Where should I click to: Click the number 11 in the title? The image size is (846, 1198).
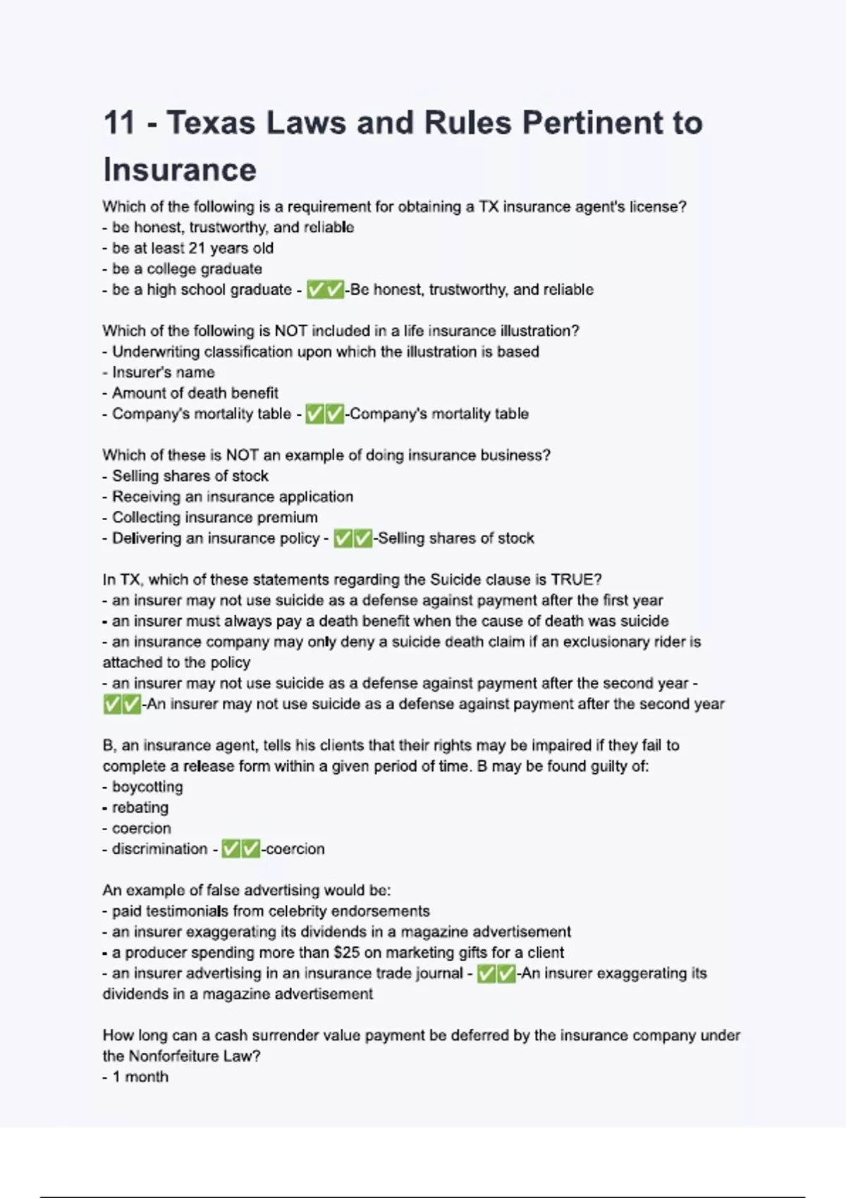tap(119, 123)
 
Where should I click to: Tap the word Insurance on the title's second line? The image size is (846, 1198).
tap(180, 170)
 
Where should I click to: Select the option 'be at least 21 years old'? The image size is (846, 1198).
tap(192, 248)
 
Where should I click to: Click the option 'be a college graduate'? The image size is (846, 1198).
tap(186, 268)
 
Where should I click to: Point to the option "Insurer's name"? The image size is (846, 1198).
tap(163, 372)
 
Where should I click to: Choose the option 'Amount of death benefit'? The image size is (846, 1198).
tap(195, 393)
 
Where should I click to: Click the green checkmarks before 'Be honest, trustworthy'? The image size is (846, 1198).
tap(325, 290)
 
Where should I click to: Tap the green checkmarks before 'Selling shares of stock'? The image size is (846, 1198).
tap(352, 538)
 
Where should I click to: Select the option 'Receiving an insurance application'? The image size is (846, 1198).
tap(232, 497)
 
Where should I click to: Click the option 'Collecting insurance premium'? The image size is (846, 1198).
tap(214, 517)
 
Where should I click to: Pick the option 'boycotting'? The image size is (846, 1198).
tap(147, 786)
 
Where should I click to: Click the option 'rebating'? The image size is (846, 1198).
tap(140, 808)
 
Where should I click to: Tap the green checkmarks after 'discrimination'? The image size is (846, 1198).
tap(241, 849)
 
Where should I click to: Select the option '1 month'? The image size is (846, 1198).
tap(140, 1077)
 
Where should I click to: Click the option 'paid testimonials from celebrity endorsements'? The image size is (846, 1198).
tap(270, 911)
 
